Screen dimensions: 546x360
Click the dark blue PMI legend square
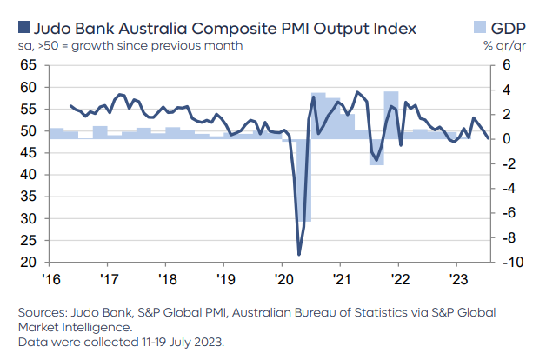[24, 27]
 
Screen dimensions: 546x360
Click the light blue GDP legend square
[480, 27]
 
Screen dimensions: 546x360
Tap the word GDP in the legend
[508, 28]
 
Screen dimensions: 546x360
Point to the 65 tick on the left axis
[28, 65]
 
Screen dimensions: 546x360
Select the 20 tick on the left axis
[28, 262]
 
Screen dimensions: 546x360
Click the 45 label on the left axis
[28, 153]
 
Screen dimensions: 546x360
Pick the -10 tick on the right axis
[513, 262]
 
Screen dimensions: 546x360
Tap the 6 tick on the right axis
[506, 65]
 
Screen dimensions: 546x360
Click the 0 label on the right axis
[506, 139]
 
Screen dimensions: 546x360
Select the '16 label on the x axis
[51, 279]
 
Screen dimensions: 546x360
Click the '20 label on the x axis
[283, 279]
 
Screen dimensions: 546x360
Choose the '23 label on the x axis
[458, 279]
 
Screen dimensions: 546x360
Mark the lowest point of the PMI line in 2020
[299, 255]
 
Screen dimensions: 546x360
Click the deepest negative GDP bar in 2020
[303, 180]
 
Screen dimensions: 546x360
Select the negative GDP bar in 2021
[376, 152]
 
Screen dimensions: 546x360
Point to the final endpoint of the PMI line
[488, 138]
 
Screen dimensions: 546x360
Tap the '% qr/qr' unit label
[504, 46]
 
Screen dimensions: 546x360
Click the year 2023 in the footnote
[208, 342]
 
